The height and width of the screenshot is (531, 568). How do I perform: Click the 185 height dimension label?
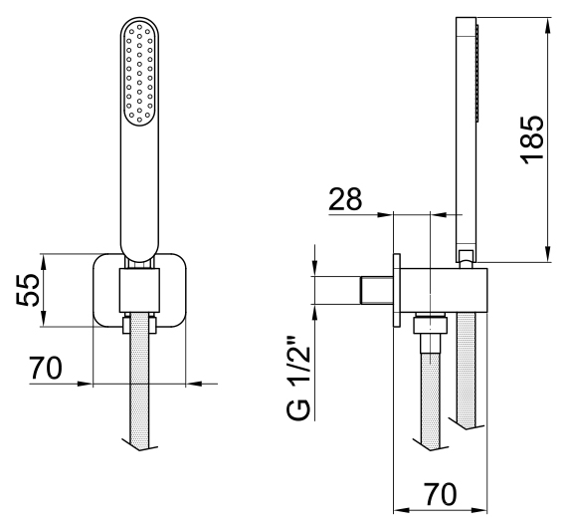click(x=532, y=140)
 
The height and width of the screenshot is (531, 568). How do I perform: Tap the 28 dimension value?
click(x=345, y=199)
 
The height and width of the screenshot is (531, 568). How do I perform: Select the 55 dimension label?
click(x=28, y=290)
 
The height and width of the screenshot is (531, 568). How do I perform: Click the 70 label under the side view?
click(x=441, y=494)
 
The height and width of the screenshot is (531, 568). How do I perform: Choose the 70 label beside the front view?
click(x=46, y=368)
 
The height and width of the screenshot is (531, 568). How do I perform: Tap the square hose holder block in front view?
click(x=139, y=291)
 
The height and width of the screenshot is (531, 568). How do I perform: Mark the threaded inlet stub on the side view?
click(x=377, y=290)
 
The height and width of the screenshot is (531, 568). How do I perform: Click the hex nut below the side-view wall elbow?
click(x=431, y=325)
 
